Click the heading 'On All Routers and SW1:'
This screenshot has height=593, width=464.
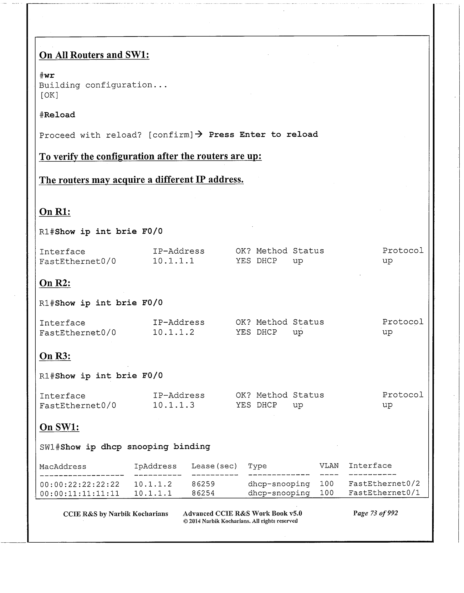pyautogui.click(x=94, y=55)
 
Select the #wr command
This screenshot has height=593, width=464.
pyautogui.click(x=47, y=75)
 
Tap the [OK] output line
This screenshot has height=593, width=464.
pyautogui.click(x=49, y=95)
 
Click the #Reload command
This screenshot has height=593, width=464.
pyautogui.click(x=57, y=115)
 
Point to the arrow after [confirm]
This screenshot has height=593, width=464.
pyautogui.click(x=198, y=134)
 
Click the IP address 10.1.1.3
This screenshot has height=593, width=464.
pyautogui.click(x=174, y=405)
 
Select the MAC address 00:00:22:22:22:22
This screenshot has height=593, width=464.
pyautogui.click(x=80, y=484)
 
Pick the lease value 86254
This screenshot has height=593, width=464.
pyautogui.click(x=203, y=493)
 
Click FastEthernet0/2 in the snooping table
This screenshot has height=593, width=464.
pyautogui.click(x=384, y=484)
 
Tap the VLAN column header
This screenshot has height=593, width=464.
pyautogui.click(x=329, y=466)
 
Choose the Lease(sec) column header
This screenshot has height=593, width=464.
pyautogui.click(x=214, y=466)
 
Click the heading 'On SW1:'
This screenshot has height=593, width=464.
pyautogui.click(x=59, y=427)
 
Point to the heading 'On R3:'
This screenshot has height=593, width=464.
pyautogui.click(x=55, y=356)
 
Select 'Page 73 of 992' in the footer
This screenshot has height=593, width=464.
pyautogui.click(x=375, y=513)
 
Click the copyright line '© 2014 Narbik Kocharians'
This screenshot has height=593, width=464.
pyautogui.click(x=240, y=521)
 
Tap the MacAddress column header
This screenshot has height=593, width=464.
pyautogui.click(x=63, y=467)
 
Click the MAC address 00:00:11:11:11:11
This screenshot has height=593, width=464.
pyautogui.click(x=80, y=494)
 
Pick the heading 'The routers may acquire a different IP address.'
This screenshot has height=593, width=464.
pyautogui.click(x=141, y=180)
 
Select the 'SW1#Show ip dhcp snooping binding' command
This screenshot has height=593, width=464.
pyautogui.click(x=125, y=447)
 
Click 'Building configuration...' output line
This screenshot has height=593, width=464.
pyautogui.click(x=103, y=85)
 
